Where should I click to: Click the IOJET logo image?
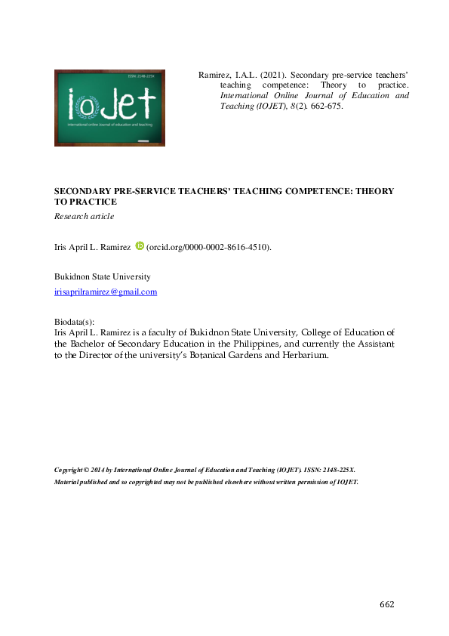click(109, 107)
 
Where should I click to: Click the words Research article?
click(84, 217)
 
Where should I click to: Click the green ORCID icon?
click(139, 245)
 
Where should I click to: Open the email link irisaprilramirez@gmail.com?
click(106, 292)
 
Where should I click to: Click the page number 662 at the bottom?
click(386, 604)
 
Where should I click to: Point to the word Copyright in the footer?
click(70, 470)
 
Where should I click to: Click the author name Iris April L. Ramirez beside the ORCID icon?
click(93, 247)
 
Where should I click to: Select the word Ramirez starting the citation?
click(214, 76)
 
